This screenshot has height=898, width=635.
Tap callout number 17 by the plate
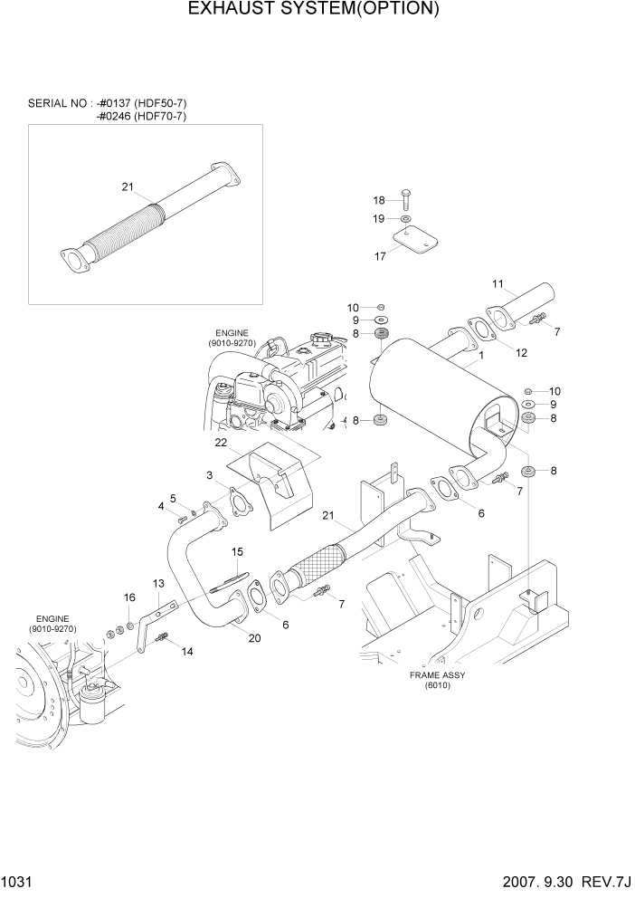(x=381, y=256)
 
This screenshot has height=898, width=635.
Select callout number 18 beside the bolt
(x=380, y=200)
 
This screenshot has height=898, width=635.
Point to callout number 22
(x=220, y=443)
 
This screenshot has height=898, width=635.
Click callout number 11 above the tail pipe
(x=497, y=284)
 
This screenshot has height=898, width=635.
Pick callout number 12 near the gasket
(x=521, y=352)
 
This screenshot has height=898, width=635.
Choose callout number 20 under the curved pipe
(x=254, y=637)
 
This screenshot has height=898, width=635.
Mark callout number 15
(x=237, y=551)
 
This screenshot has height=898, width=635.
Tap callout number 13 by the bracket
(x=158, y=584)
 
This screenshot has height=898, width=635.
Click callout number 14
(x=187, y=651)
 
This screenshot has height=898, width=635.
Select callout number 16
(x=129, y=597)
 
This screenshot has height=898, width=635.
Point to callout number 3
(x=209, y=475)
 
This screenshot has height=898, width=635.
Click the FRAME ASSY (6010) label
(x=430, y=680)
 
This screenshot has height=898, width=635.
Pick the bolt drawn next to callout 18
(x=405, y=200)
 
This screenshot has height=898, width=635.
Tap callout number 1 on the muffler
(x=481, y=356)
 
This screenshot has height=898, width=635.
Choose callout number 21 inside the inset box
(x=128, y=187)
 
